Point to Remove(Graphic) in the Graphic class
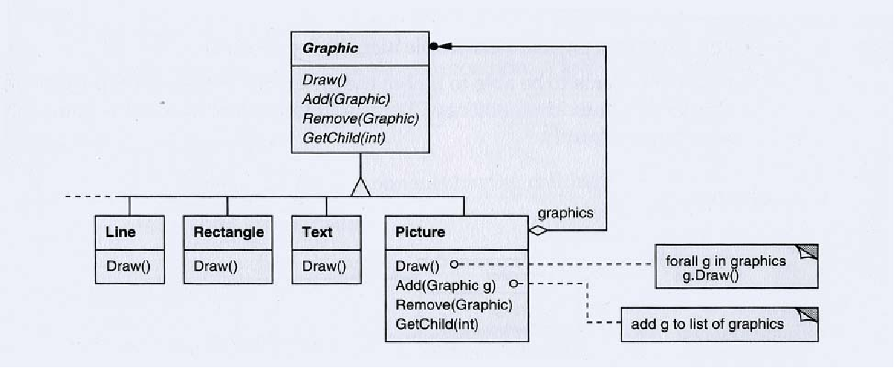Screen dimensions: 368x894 pos(360,118)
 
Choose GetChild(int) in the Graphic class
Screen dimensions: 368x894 pos(344,137)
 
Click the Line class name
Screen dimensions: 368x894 pos(121,232)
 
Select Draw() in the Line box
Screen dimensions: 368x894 pos(128,266)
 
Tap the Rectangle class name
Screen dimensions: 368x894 pos(229,232)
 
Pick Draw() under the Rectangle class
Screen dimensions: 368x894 pos(215,266)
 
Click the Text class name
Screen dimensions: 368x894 pos(318,232)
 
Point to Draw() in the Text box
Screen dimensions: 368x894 pos(324,266)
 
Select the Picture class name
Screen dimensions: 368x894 pos(420,232)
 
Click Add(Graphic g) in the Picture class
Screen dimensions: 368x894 pos(445,284)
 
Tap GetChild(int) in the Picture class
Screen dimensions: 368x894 pos(437,323)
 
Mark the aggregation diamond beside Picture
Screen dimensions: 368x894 pos(538,231)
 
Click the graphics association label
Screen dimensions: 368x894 pos(566,213)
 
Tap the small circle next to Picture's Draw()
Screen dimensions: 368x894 pos(454,265)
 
